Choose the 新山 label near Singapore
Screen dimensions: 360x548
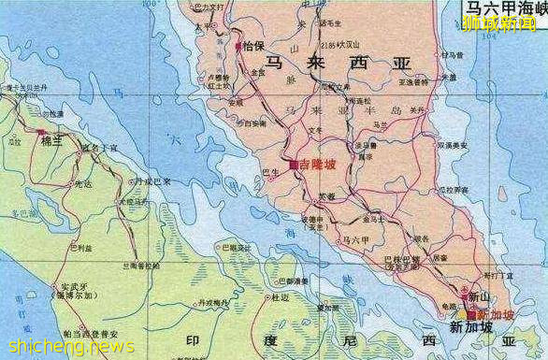481,296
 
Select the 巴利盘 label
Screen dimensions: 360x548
82,247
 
